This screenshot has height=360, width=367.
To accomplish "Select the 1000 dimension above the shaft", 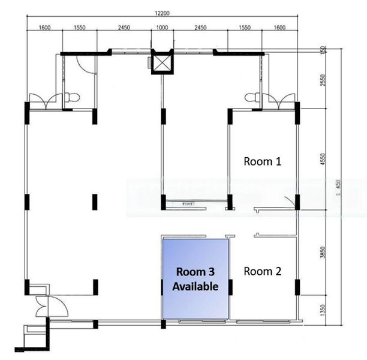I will tap(162, 28).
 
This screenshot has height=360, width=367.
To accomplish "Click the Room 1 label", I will tap(262, 161).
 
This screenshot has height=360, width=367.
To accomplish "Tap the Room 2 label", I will tap(262, 271).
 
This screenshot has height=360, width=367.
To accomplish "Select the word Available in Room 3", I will tap(195, 287).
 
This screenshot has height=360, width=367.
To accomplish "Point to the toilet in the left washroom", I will tap(72, 96).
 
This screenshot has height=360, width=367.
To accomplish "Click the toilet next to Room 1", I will tap(252, 96).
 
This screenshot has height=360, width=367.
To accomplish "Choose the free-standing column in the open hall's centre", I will tap(94, 202).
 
